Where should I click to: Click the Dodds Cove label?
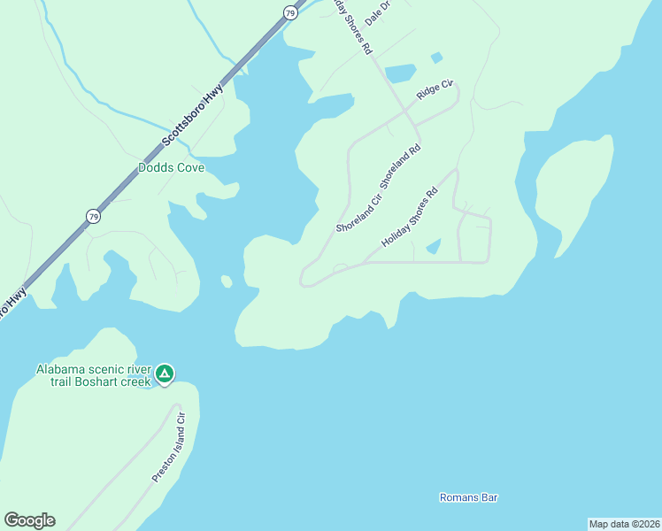(x=171, y=167)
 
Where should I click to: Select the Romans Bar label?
(x=469, y=497)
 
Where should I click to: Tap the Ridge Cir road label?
(x=435, y=92)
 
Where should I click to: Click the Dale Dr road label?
(x=377, y=12)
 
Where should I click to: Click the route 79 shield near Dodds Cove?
(x=93, y=216)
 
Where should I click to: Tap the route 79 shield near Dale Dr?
(x=290, y=12)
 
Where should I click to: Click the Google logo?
(x=29, y=520)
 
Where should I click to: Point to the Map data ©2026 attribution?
(x=624, y=524)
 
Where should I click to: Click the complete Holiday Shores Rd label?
(x=410, y=218)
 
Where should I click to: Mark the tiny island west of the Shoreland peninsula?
(x=227, y=281)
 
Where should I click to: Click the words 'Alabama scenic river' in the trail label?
(x=93, y=369)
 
